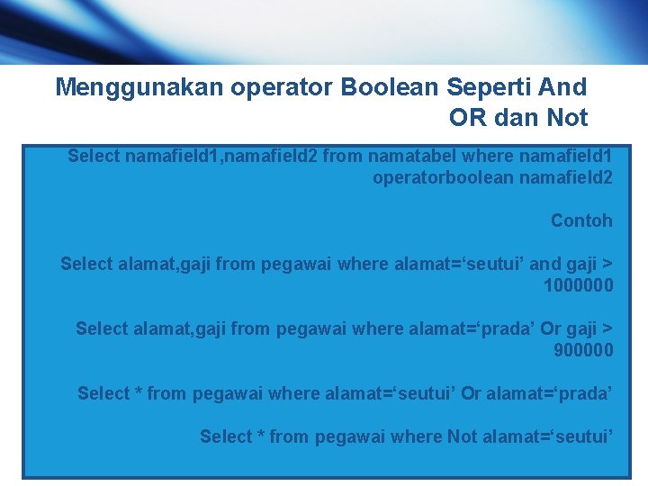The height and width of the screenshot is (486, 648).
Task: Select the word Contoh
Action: [581, 220]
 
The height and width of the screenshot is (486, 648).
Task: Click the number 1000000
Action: [578, 285]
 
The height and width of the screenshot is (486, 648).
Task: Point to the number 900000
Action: [583, 350]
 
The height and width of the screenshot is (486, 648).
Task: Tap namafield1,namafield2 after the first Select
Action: [221, 156]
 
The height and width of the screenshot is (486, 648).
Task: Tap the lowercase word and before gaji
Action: [544, 264]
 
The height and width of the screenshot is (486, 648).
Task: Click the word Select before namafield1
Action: [94, 156]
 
